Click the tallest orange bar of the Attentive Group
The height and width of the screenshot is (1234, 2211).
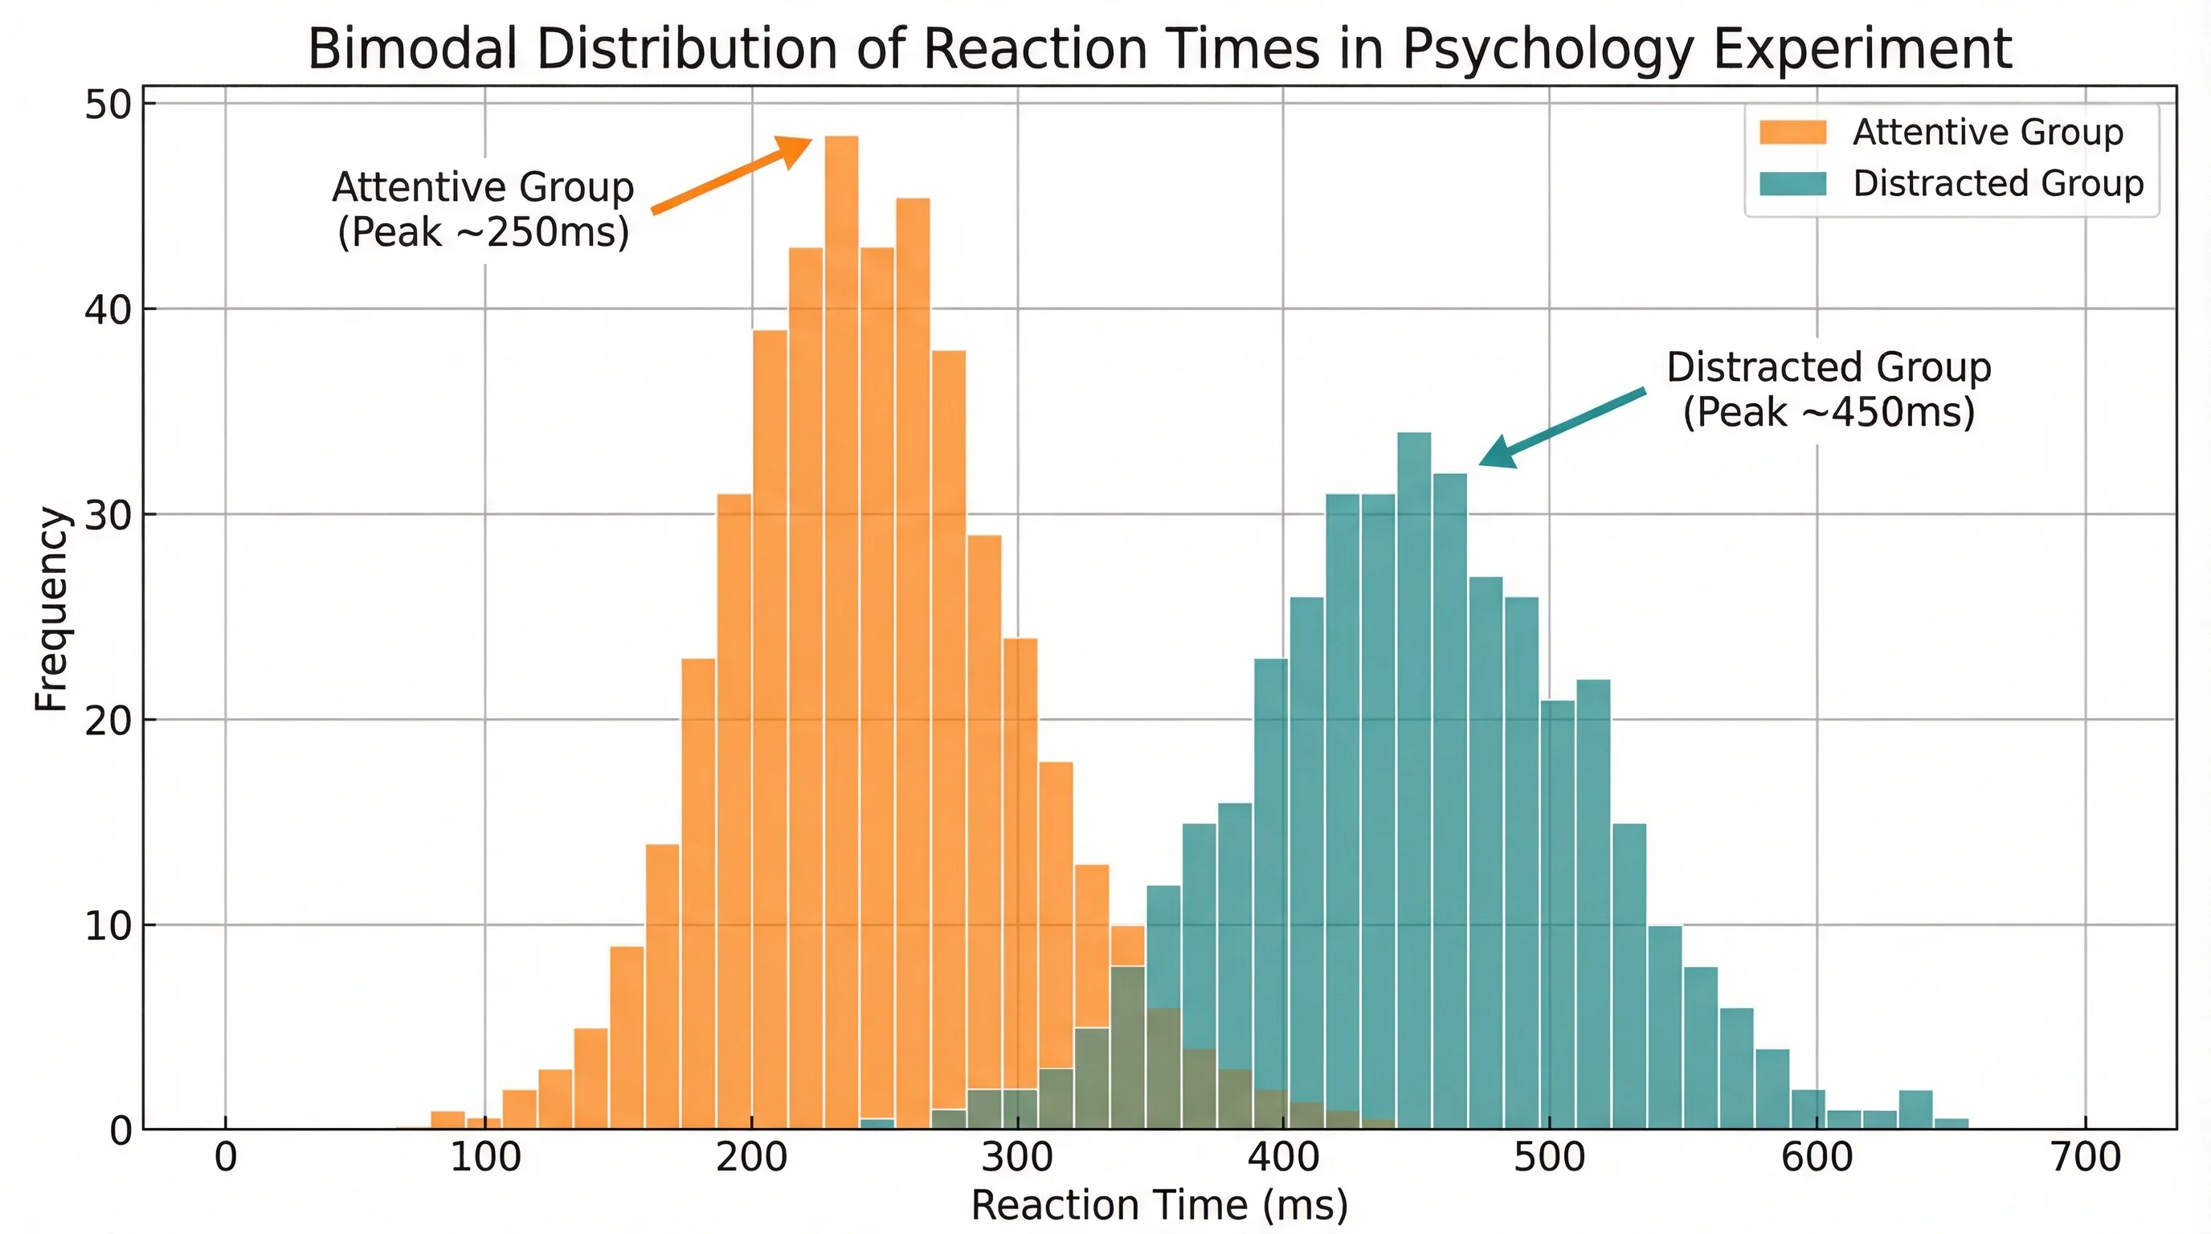(841, 601)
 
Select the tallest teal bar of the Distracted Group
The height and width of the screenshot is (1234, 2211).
(1414, 772)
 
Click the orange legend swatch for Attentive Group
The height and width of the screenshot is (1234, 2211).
(1792, 132)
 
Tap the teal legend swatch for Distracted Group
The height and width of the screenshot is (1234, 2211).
(1792, 184)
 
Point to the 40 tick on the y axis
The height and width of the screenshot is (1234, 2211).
(108, 310)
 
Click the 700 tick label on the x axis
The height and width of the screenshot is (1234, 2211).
(2086, 1158)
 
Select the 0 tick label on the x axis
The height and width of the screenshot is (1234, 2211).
(226, 1158)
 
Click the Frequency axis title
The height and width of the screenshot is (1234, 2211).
(51, 608)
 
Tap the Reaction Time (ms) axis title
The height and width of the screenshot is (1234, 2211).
(1159, 1205)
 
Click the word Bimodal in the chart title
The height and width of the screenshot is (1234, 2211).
(412, 50)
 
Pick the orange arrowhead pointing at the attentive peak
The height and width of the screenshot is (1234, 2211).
(795, 151)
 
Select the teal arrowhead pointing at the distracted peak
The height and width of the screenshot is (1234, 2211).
(1498, 453)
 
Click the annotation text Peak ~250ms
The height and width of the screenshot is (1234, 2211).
(483, 232)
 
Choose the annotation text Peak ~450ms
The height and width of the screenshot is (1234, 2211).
(1829, 413)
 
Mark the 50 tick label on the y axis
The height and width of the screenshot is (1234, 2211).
(108, 104)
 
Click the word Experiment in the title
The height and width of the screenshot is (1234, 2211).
(1862, 50)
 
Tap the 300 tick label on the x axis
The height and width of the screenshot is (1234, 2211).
(1017, 1158)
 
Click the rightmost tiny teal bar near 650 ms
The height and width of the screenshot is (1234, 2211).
(1951, 1123)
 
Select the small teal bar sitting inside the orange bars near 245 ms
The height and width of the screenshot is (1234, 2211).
(877, 1123)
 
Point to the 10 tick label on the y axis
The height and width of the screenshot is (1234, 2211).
(108, 926)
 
